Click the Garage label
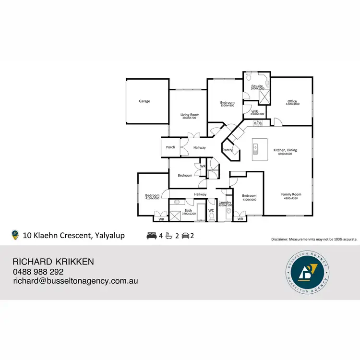click(x=144, y=101)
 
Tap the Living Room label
click(x=190, y=115)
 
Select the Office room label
click(x=292, y=101)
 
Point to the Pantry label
click(x=228, y=150)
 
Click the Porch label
click(x=170, y=147)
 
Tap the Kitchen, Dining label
click(x=285, y=150)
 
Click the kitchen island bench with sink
click(x=259, y=150)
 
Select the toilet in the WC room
click(x=211, y=217)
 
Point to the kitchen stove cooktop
click(x=258, y=123)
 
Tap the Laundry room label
click(x=225, y=203)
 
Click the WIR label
click(x=254, y=111)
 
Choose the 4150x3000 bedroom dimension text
click(x=152, y=198)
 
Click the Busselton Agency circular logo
click(x=306, y=272)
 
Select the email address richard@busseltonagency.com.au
click(x=75, y=281)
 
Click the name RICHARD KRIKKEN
click(x=53, y=262)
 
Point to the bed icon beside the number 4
click(x=151, y=235)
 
